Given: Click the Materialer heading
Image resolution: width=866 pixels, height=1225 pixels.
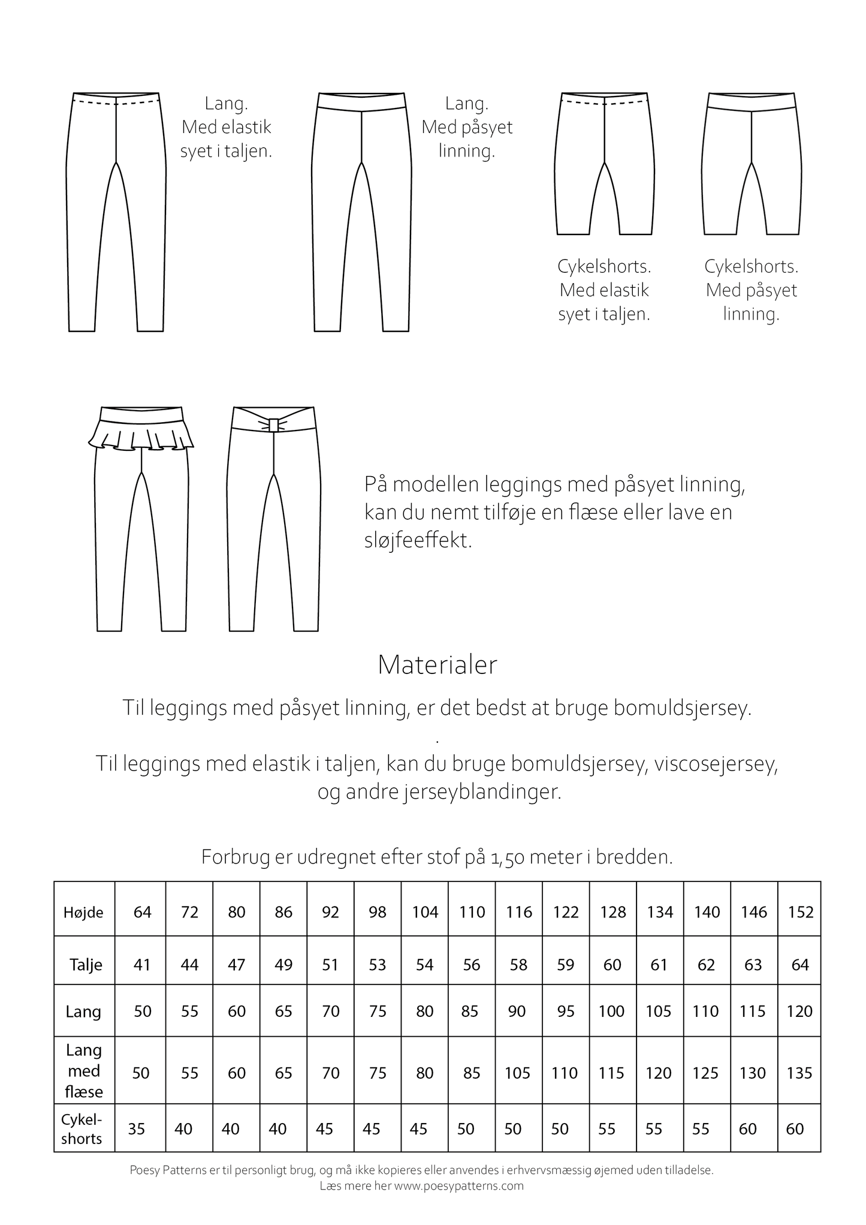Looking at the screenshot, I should coord(437,665).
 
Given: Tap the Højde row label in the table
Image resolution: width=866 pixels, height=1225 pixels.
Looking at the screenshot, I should coord(83,913).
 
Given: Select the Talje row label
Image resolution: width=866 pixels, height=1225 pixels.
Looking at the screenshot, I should coord(86,965).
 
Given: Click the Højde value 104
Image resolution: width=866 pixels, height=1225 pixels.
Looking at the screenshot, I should coord(425,912).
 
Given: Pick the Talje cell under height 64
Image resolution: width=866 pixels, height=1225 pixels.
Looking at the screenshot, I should coord(142,965).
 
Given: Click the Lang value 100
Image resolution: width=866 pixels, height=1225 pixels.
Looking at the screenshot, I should coord(612,1011).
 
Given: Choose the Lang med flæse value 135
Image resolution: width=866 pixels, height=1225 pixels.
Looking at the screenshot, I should coord(799,1073).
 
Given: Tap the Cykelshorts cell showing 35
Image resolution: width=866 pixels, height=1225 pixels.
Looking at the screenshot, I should coord(137,1129).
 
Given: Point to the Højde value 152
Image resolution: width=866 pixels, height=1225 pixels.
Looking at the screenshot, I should coord(801,912).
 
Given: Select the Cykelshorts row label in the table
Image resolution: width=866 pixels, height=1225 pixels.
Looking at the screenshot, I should coord(82,1129).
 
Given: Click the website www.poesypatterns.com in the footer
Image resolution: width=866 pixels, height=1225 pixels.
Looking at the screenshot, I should coord(458,1185).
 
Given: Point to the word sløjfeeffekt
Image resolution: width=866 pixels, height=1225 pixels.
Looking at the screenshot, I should coord(418,541).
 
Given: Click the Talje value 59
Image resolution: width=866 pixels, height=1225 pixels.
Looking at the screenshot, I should coord(565,965).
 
